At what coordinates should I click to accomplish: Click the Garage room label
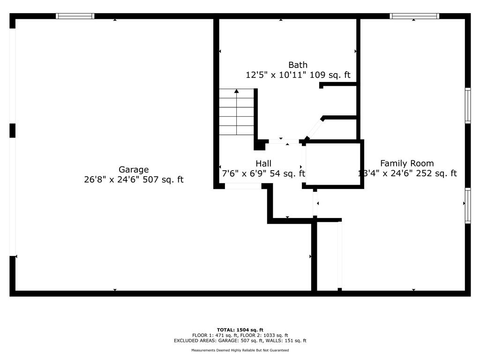pyautogui.click(x=134, y=170)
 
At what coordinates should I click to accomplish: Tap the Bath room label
pyautogui.click(x=298, y=65)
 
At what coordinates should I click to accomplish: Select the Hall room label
pyautogui.click(x=263, y=164)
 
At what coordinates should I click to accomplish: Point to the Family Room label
pyautogui.click(x=406, y=164)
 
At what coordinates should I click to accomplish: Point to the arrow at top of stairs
pyautogui.click(x=237, y=91)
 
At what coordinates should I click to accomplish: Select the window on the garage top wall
pyautogui.click(x=75, y=16)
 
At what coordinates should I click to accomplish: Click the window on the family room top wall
pyautogui.click(x=414, y=16)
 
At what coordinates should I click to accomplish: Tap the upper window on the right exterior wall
pyautogui.click(x=467, y=105)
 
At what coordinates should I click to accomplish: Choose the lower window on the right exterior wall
pyautogui.click(x=467, y=205)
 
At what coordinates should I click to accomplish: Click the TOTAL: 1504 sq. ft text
pyautogui.click(x=240, y=330)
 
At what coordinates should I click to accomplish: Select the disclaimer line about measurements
pyautogui.click(x=240, y=350)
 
